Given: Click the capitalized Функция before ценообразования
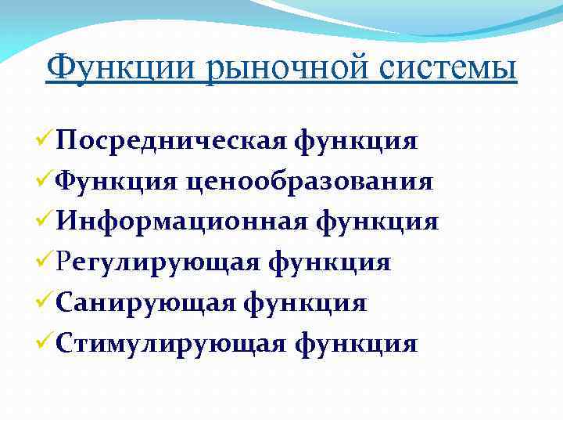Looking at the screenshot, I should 118,182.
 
